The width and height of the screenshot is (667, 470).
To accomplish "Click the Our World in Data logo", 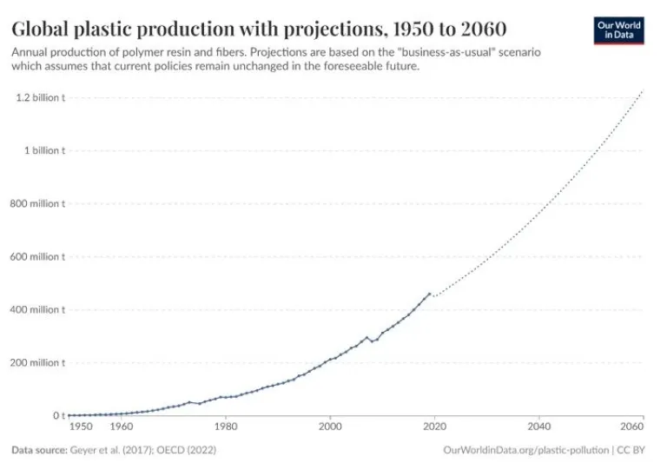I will [619, 30].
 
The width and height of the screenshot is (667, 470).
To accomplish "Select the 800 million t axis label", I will [37, 203].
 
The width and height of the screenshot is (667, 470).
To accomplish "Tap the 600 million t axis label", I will [37, 256].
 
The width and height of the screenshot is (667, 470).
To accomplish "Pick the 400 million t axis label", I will [37, 309].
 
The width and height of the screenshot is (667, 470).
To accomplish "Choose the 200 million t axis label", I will [37, 362].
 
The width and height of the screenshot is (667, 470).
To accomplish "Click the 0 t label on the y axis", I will [57, 415].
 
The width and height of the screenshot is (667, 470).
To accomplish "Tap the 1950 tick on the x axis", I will [80, 427].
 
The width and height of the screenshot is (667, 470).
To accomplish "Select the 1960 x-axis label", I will [122, 427].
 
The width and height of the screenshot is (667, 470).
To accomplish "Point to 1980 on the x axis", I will [226, 427].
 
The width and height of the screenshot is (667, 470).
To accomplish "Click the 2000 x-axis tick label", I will [330, 427].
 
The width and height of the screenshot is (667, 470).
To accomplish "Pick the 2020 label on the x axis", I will [434, 427].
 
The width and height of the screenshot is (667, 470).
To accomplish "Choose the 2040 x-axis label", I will [538, 427].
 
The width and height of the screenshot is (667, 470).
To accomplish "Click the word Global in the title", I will [40, 28].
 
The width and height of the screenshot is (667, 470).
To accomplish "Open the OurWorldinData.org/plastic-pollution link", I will [525, 450].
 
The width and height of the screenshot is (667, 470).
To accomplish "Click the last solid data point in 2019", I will [429, 294].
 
